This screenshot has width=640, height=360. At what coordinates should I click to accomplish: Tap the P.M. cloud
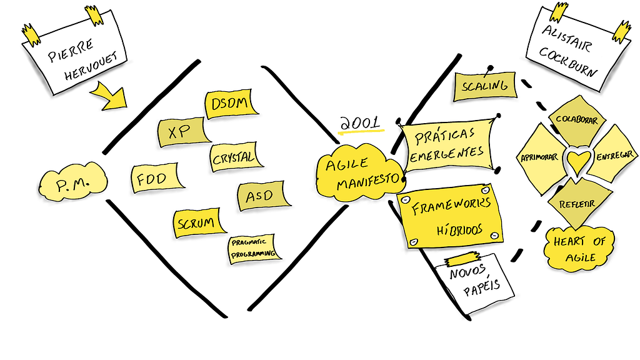[74, 182]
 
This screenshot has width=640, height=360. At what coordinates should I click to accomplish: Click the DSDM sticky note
[231, 104]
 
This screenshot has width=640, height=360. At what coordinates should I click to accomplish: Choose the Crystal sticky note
[233, 157]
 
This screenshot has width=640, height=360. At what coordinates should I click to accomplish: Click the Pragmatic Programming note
[252, 248]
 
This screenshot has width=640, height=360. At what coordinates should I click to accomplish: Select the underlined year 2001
[359, 124]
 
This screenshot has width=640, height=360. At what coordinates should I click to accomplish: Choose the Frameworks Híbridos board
[450, 214]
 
